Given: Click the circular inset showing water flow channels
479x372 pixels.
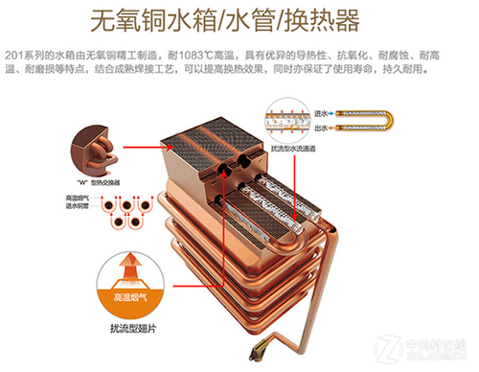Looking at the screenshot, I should (299, 120).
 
